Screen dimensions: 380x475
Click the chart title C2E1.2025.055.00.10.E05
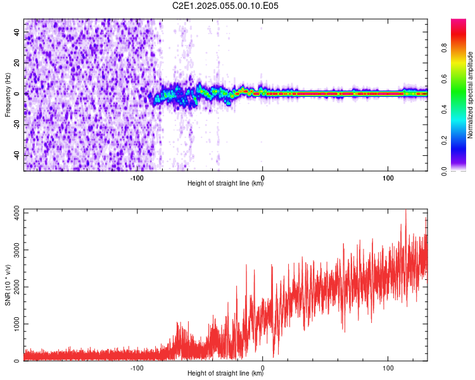tap(225, 6)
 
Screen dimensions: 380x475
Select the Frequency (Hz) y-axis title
tap(8, 94)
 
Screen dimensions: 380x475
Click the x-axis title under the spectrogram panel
tap(225, 184)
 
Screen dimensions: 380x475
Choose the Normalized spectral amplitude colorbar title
tap(471, 95)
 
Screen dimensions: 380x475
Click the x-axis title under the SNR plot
tap(225, 374)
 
